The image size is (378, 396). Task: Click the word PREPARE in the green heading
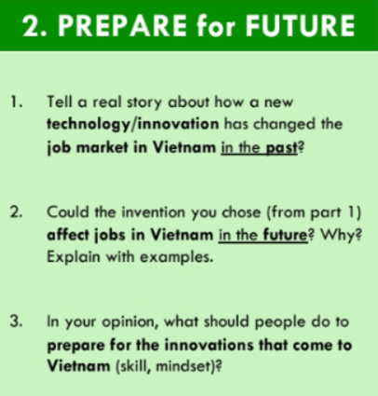[x=123, y=25]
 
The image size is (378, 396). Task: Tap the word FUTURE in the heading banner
[x=300, y=25]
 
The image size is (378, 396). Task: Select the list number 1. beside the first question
[x=17, y=102]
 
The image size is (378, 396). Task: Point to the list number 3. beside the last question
[x=16, y=321]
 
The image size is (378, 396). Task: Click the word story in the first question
[x=144, y=102]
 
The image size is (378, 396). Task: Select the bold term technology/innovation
[x=133, y=124]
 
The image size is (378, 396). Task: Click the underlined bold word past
[x=281, y=147]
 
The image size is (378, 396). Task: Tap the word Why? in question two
[x=341, y=235]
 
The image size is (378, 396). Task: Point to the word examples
[x=177, y=257]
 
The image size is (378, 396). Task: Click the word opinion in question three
[x=133, y=322]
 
